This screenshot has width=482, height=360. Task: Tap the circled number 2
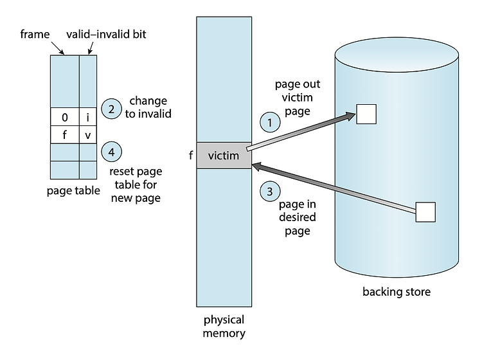tap(111, 109)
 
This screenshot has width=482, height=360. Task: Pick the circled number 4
tap(111, 152)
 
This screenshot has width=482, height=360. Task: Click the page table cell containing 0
tap(64, 117)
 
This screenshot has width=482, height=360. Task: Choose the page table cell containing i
tap(87, 117)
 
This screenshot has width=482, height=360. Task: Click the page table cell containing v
tap(87, 135)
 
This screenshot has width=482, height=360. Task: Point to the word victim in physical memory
tap(224, 156)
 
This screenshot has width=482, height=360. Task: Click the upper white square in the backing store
tap(366, 114)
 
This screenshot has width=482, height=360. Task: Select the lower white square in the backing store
tap(425, 212)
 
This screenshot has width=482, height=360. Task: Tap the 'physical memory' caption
tap(224, 326)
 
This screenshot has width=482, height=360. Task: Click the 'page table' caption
tap(73, 190)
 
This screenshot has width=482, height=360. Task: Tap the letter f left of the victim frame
tap(191, 156)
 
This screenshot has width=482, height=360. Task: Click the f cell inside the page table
tap(64, 135)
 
